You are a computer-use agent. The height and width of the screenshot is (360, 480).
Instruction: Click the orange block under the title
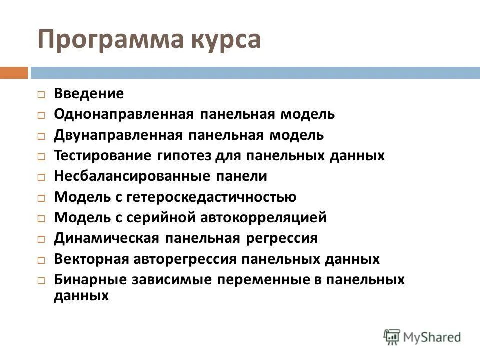[x=14, y=73]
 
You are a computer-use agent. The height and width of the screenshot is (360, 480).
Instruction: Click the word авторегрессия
[x=185, y=259]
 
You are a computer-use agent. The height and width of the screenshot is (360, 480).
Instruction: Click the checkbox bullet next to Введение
[x=42, y=94]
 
